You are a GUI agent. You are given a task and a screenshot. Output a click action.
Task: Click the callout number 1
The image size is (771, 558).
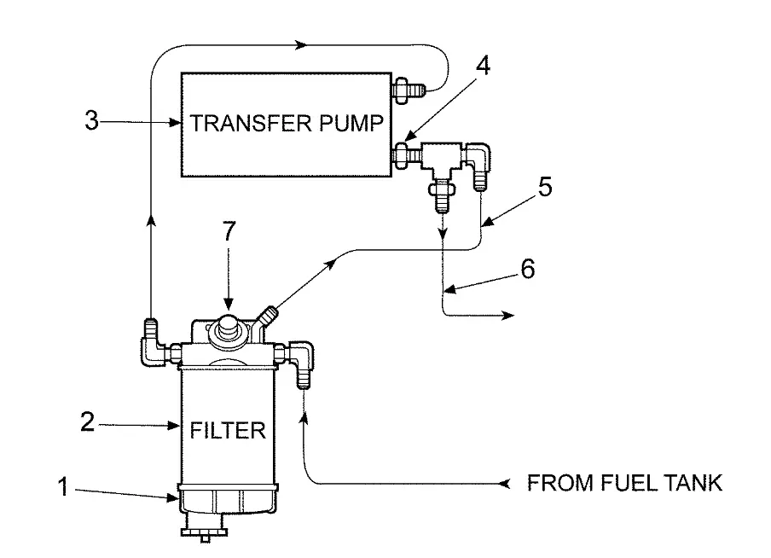tap(62, 487)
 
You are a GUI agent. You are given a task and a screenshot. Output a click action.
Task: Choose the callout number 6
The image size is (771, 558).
tap(528, 270)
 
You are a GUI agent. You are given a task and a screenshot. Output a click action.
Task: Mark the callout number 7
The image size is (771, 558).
tap(229, 231)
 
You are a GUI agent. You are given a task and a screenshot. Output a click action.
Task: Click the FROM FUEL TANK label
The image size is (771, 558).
tap(625, 484)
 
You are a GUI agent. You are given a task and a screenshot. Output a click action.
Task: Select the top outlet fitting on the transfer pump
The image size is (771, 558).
tap(407, 87)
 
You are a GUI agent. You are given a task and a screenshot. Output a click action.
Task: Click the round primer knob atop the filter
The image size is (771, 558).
tap(229, 328)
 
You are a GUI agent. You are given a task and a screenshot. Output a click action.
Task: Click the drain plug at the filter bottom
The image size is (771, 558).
tap(206, 532)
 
